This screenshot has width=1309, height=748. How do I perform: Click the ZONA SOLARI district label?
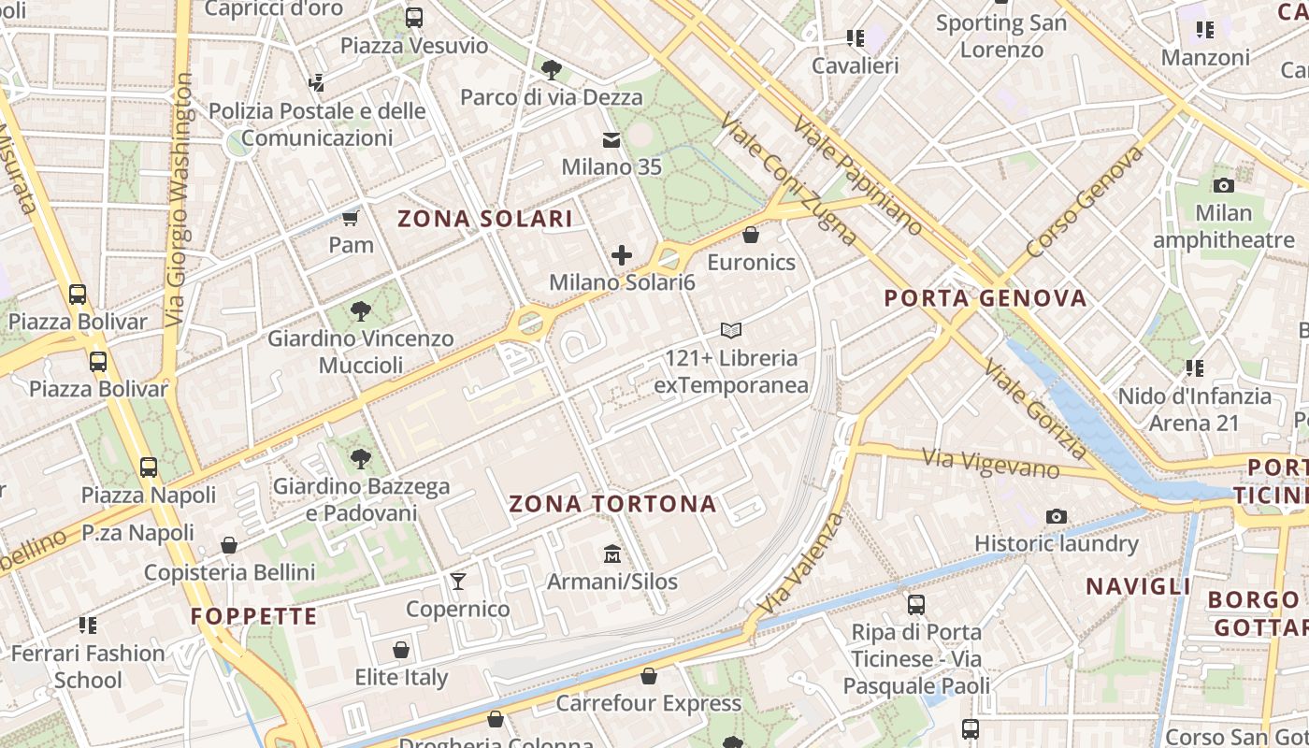484,219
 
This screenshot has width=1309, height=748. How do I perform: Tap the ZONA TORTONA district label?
612,505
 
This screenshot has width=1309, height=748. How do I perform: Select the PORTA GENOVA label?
985,298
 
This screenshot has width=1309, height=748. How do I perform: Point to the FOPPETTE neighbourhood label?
254,616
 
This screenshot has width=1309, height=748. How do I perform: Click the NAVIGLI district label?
1138,586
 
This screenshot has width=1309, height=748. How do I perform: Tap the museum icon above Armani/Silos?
612,554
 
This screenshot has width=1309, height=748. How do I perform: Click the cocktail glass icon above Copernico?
457,582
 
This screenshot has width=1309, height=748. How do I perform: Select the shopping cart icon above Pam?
351,219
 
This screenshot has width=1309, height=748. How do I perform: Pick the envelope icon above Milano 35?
611,140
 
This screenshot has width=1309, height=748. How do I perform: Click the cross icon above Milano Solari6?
621,254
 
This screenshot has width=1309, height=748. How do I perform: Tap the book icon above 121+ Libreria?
731,330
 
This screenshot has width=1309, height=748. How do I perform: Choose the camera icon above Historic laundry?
1057,516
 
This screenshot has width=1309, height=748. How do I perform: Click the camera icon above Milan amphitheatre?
1223,185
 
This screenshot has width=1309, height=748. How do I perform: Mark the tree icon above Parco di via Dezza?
552,69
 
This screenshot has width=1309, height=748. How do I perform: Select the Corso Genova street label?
1085,201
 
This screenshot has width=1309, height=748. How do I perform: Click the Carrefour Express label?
648,703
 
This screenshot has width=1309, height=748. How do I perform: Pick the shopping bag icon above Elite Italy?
401,650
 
